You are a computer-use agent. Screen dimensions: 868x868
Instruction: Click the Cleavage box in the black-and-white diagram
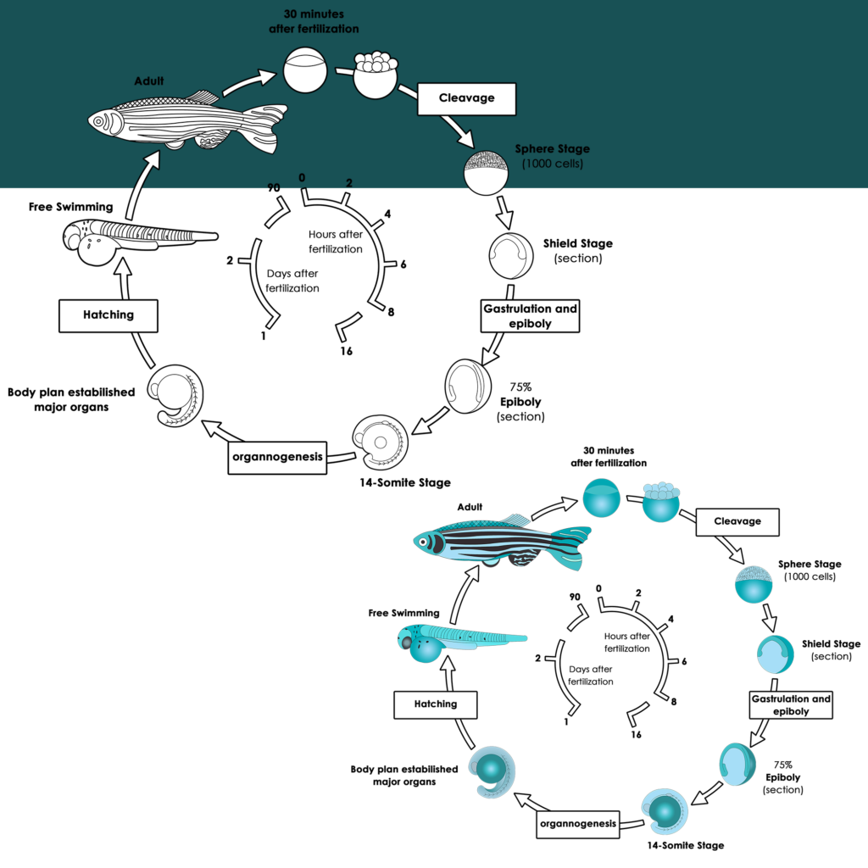[x=466, y=98]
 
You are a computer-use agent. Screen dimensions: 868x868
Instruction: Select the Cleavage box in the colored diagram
[x=737, y=521]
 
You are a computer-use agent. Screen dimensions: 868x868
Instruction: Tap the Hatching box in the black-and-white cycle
[x=108, y=314]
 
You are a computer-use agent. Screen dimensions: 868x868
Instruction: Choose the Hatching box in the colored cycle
[x=435, y=704]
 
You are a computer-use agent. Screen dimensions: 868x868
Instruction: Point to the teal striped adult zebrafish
[x=500, y=542]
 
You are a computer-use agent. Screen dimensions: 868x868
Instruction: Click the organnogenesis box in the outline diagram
[x=277, y=457]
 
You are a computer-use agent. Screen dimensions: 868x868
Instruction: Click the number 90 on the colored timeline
[x=574, y=597]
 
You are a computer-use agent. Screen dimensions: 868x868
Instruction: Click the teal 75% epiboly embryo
[x=737, y=764]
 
